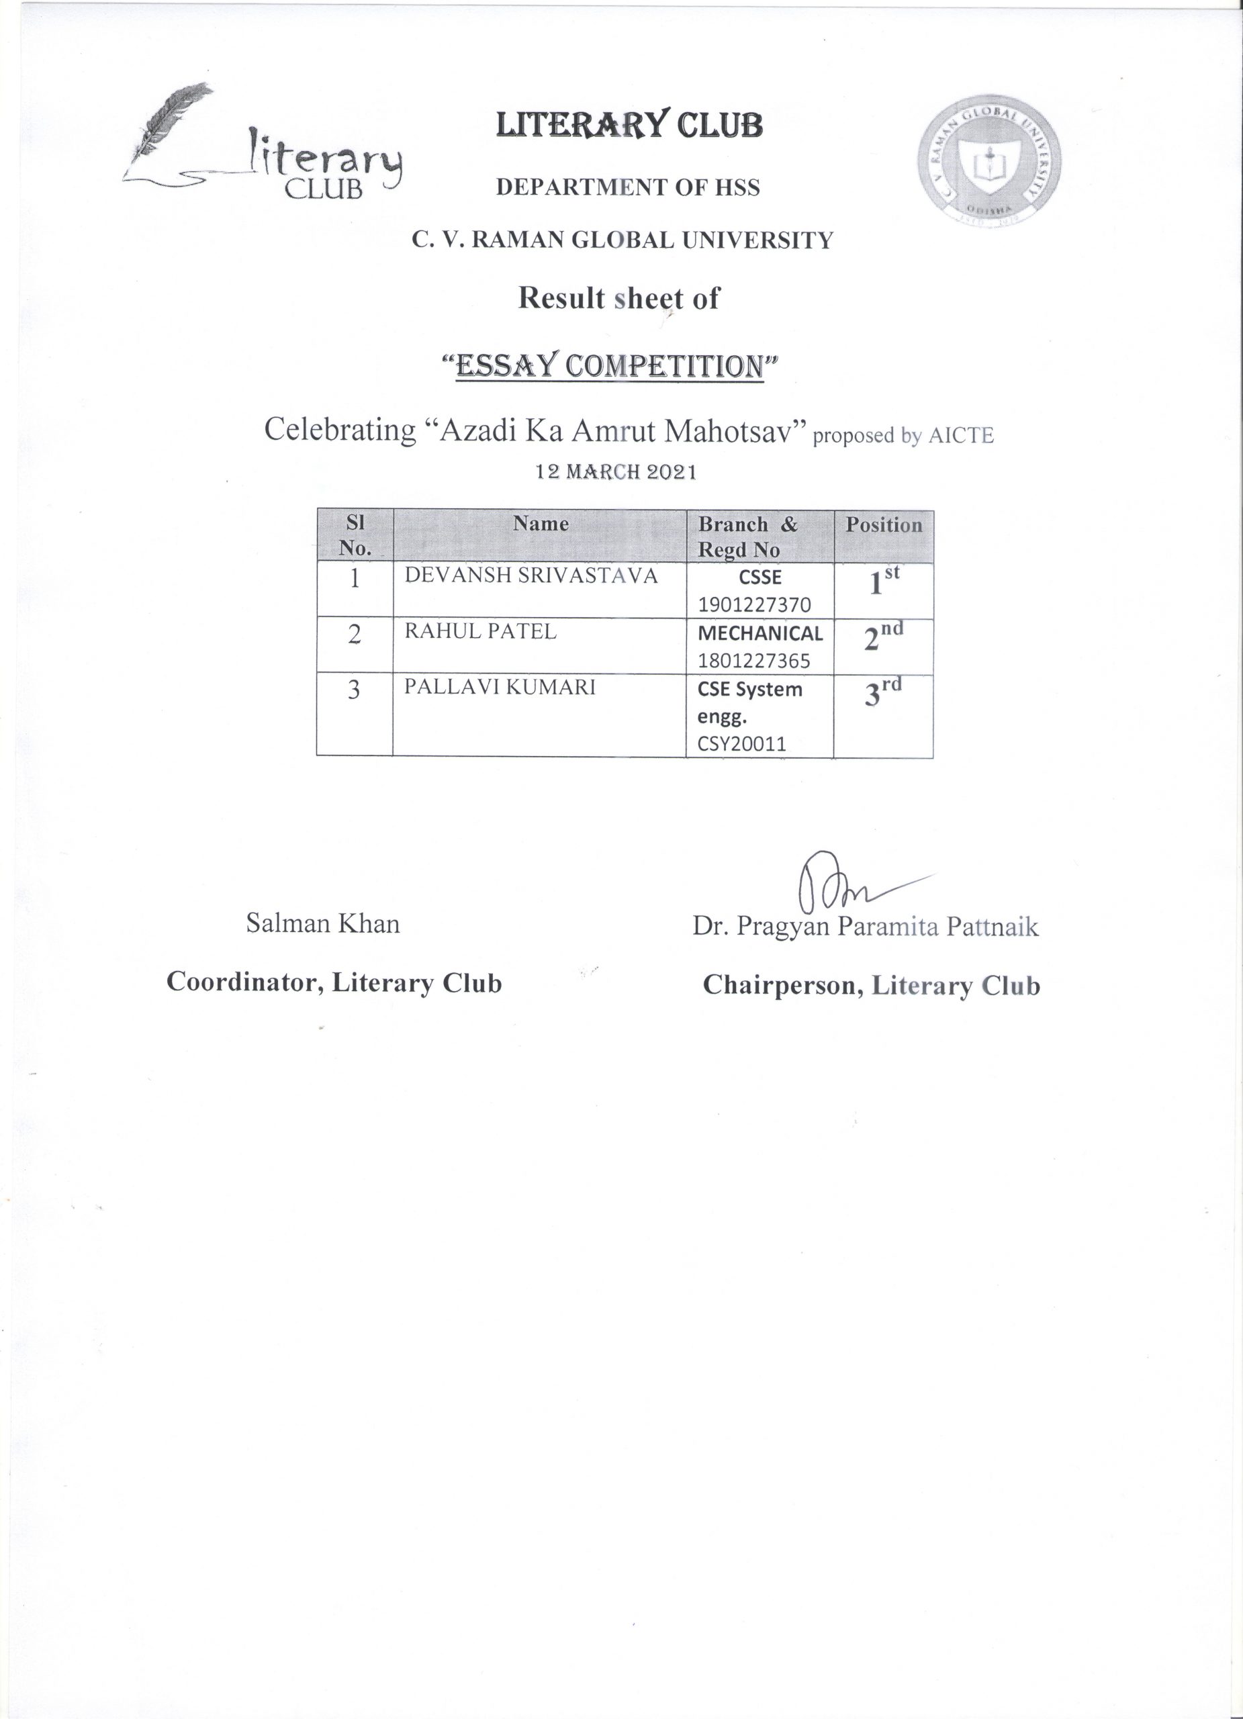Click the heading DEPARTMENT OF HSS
(628, 187)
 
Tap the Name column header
(541, 523)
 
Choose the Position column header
(884, 524)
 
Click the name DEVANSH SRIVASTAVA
(531, 575)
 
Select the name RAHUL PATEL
(481, 631)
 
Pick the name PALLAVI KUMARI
(500, 687)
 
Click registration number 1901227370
(754, 605)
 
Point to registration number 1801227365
(754, 661)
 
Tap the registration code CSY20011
(742, 743)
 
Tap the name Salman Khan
(323, 923)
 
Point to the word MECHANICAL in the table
(760, 633)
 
